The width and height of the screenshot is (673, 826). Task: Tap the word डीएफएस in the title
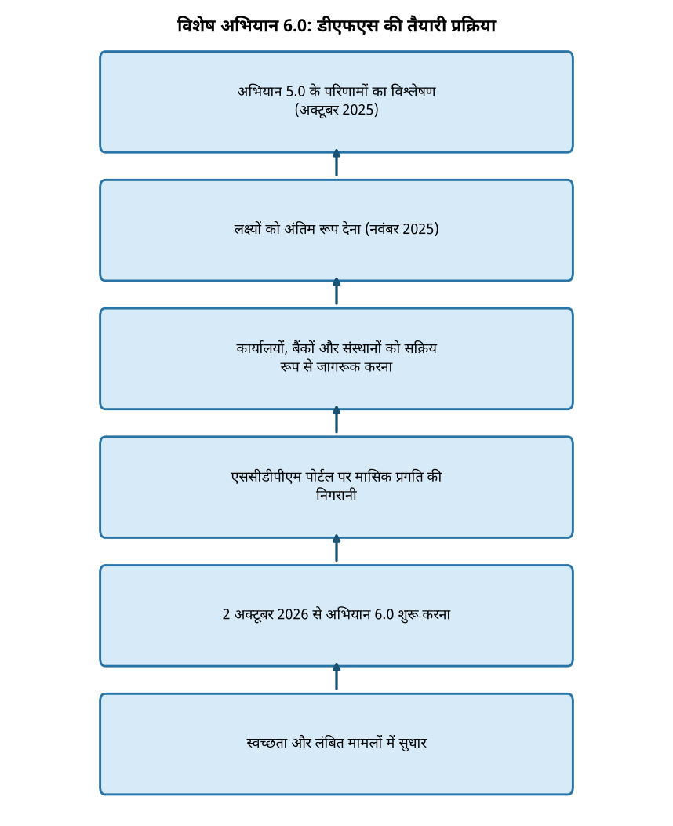[x=347, y=26]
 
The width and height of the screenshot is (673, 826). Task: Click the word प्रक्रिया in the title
[x=474, y=26]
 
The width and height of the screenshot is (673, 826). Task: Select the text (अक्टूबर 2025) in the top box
[x=336, y=110]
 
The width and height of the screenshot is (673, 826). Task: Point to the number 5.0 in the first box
[x=296, y=91]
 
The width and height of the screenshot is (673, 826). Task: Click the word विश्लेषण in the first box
[x=413, y=91]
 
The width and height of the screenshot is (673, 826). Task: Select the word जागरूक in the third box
[x=338, y=366]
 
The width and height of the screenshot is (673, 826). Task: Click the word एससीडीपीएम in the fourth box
[x=266, y=477]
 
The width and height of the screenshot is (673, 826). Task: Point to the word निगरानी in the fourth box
[x=336, y=495]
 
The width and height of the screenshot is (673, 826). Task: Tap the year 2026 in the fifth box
[x=293, y=615]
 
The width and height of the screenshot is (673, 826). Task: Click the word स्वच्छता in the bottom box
[x=267, y=744]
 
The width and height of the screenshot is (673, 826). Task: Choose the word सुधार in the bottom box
[x=413, y=744]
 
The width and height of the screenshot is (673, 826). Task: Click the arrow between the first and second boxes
[x=336, y=163]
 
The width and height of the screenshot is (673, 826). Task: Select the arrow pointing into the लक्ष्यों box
[x=336, y=291]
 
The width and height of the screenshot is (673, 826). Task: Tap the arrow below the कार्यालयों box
[x=336, y=420]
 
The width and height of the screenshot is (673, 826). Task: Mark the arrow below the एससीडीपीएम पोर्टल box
[x=336, y=548]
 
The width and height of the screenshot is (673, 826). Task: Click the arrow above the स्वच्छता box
[x=336, y=677]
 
